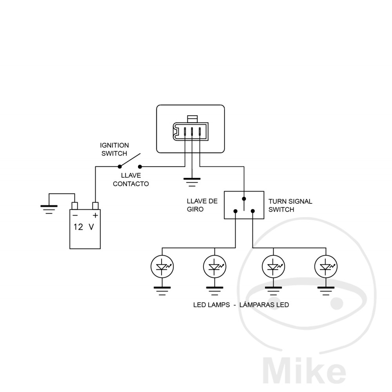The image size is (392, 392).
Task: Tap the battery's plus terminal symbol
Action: (95, 215)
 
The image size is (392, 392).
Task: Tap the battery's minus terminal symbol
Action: (75, 215)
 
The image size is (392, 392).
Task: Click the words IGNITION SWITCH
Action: (114, 149)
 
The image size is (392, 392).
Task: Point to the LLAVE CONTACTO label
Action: (131, 180)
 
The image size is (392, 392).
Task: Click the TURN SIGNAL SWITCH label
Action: (290, 205)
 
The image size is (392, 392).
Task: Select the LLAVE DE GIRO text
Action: (202, 205)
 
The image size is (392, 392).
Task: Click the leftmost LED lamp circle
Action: (162, 267)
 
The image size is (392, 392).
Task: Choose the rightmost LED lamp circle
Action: (325, 267)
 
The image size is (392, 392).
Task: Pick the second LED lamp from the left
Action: (214, 267)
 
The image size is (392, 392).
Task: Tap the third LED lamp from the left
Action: (273, 267)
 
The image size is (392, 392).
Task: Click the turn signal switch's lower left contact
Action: (235, 212)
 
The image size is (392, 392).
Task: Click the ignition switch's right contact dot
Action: (140, 166)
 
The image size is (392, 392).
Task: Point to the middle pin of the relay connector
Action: (192, 131)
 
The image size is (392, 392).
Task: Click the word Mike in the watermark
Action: (303, 370)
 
